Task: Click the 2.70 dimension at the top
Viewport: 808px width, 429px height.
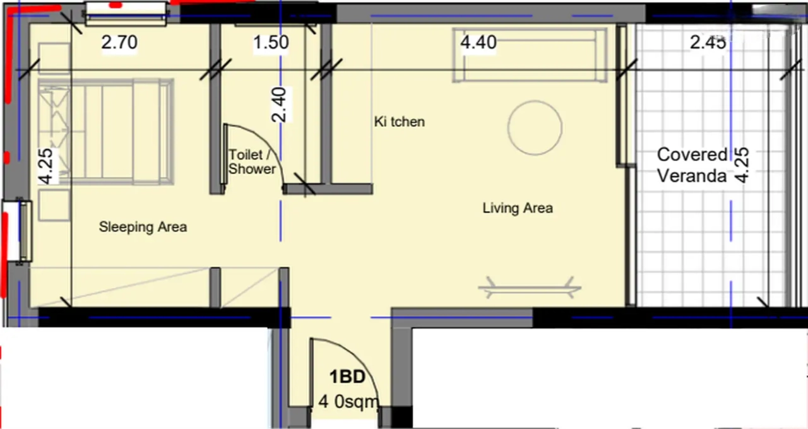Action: click(119, 42)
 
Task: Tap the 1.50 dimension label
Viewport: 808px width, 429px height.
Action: click(271, 42)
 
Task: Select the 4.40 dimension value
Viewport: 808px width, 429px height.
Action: click(478, 42)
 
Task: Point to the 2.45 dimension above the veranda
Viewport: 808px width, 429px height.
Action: click(708, 42)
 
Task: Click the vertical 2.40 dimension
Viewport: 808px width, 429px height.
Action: click(279, 105)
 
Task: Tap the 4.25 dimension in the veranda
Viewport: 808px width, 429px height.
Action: click(742, 165)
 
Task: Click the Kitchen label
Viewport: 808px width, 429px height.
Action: click(400, 122)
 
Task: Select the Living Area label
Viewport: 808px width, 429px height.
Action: click(518, 208)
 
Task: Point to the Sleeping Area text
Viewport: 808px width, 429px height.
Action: click(143, 227)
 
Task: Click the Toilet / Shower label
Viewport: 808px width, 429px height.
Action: click(252, 162)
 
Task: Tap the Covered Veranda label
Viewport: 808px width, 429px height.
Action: click(692, 165)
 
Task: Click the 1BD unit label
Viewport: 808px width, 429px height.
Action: click(347, 377)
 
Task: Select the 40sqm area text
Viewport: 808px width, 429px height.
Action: click(348, 401)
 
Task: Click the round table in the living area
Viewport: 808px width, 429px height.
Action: click(535, 128)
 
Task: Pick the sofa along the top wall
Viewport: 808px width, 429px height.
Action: click(530, 55)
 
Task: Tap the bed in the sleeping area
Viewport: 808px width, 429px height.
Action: click(105, 132)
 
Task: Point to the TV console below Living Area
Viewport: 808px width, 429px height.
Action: click(530, 288)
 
